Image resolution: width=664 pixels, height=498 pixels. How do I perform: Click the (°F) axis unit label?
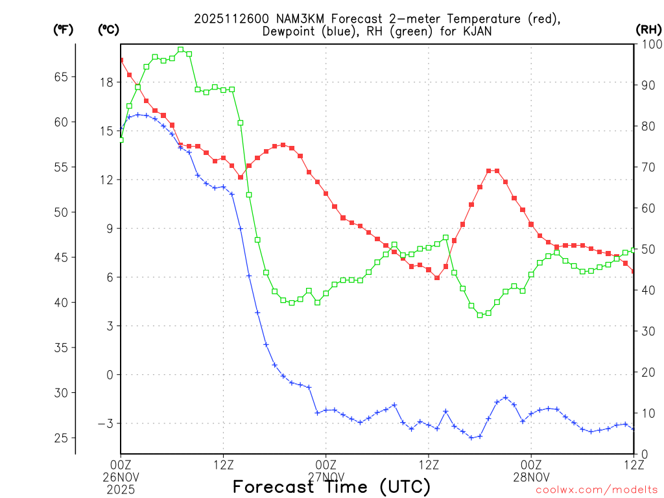coord(63,29)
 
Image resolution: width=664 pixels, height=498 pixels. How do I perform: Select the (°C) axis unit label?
coord(108,29)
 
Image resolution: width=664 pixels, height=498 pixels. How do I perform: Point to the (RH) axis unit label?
coord(648,29)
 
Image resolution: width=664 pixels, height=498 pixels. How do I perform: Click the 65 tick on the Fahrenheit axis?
coord(61,77)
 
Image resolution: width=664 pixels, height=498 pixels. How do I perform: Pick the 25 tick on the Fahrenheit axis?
coord(61,438)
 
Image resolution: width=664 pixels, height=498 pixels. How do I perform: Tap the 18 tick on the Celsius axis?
coord(106,82)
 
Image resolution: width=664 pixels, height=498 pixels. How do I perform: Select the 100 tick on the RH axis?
coord(648,44)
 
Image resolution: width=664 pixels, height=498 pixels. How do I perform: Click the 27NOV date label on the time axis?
coord(326,476)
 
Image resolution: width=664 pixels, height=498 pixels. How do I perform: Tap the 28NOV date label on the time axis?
coord(531,476)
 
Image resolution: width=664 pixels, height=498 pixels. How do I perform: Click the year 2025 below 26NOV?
coord(121,487)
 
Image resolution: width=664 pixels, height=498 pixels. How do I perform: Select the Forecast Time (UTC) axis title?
coord(331,486)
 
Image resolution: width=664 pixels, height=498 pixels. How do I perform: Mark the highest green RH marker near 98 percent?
coord(180,49)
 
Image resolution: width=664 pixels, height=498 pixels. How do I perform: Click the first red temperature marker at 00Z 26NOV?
coord(121,60)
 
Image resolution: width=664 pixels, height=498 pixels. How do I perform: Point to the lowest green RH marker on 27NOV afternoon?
coord(480,315)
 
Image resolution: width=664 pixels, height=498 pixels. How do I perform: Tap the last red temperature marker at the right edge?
coord(634,271)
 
